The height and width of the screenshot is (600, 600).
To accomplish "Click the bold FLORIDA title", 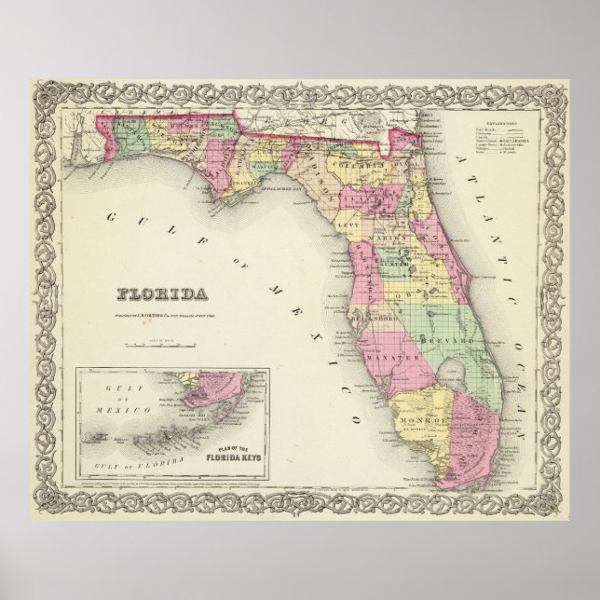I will (162, 295).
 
